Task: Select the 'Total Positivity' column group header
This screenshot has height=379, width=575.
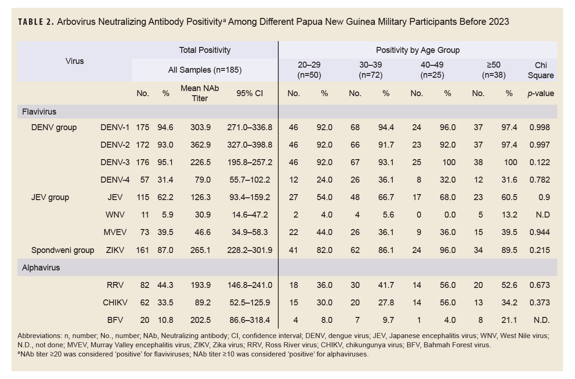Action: point(205,50)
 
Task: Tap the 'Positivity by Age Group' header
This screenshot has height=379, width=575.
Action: point(418,50)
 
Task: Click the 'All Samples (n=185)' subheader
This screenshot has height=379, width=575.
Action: point(205,70)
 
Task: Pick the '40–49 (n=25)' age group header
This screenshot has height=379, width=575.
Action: point(431,70)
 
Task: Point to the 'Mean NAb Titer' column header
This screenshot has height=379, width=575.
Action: point(200,93)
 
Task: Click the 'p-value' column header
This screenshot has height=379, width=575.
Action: point(540,93)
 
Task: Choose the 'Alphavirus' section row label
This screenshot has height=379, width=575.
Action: point(41,267)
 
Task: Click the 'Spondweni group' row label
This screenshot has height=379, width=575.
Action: point(63,250)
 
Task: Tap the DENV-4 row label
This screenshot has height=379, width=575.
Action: point(115,180)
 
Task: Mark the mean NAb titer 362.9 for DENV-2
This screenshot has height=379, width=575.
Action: point(201,145)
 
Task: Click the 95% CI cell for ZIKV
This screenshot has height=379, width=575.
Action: point(249,250)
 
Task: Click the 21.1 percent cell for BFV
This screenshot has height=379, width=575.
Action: point(509,320)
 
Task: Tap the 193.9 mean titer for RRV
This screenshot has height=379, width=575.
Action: point(201,285)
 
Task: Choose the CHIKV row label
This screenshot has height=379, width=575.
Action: point(115,303)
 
